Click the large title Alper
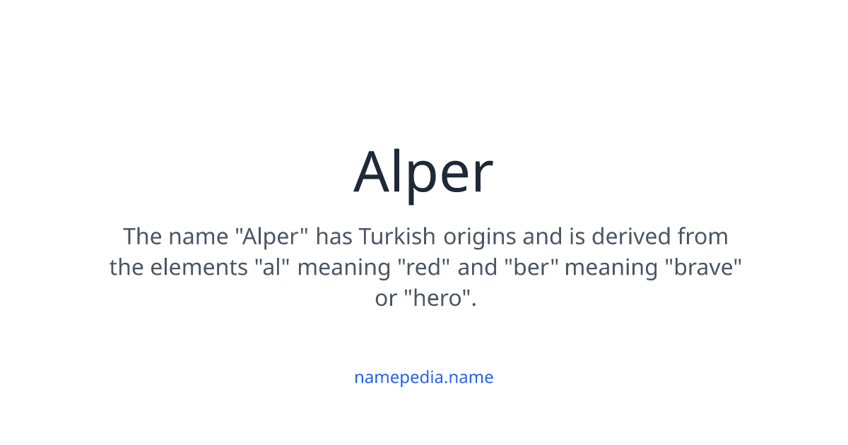tap(423, 172)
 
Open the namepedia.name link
tap(423, 377)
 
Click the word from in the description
tap(702, 236)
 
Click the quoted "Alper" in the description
tap(272, 236)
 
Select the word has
tap(333, 236)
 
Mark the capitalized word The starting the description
tap(142, 236)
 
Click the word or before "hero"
tap(386, 299)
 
